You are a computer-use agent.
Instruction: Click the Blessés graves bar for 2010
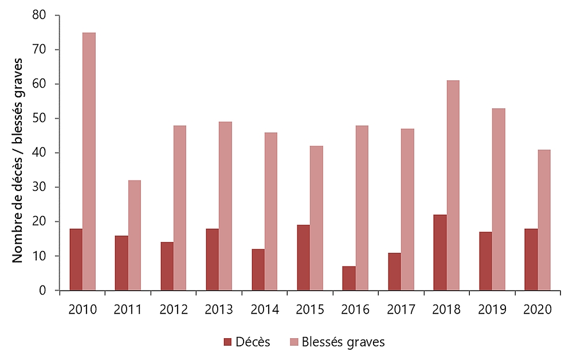point(89,162)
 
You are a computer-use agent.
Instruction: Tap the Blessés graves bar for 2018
point(453,186)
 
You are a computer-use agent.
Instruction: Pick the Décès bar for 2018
point(439,252)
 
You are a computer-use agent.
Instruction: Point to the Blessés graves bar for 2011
point(135,236)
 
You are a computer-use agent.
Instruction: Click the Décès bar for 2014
point(258,269)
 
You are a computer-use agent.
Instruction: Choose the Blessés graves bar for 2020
point(544,220)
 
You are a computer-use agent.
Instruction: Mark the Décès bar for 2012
point(167,266)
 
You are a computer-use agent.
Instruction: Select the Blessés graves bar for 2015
point(316,218)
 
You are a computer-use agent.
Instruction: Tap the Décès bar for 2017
point(394,271)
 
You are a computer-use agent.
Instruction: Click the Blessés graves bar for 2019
point(499,199)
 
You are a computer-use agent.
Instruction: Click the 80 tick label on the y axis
point(38,15)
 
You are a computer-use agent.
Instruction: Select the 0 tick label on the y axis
point(42,291)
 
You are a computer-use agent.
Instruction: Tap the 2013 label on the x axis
point(219,310)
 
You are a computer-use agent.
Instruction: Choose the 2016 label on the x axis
point(355,310)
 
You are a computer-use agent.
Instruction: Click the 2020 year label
point(537,310)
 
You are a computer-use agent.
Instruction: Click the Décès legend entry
point(246,342)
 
